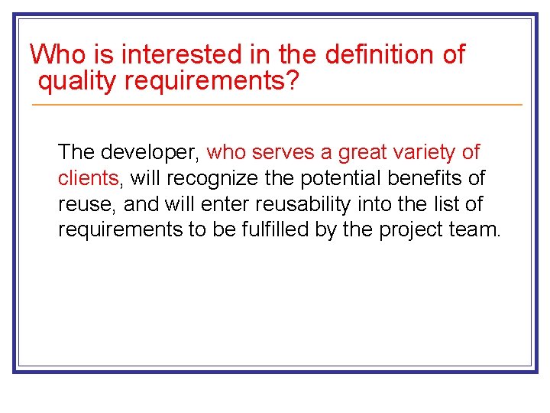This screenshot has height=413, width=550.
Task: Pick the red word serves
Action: tap(280, 152)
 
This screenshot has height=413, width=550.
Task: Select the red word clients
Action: tap(88, 178)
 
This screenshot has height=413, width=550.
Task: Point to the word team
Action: tap(478, 230)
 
